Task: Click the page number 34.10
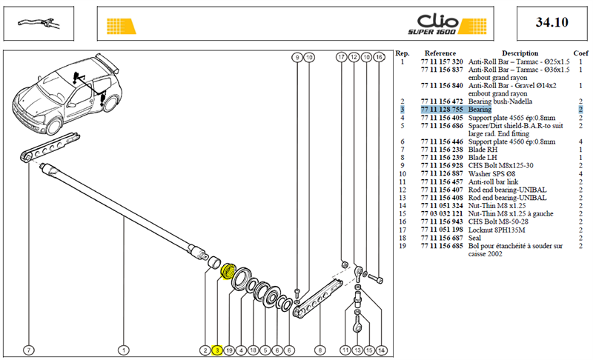(551, 22)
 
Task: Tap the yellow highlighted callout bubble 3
(217, 350)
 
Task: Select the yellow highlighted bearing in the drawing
(228, 271)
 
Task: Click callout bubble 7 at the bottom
(29, 350)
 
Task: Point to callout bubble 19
(229, 350)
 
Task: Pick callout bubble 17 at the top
(342, 57)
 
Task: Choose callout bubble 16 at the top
(379, 57)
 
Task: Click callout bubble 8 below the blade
(320, 350)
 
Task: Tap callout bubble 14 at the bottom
(381, 350)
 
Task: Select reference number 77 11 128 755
(442, 110)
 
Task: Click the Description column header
(520, 53)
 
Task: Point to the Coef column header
(580, 53)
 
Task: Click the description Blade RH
(483, 150)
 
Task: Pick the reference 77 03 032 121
(442, 214)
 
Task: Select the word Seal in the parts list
(474, 238)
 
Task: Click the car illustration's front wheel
(53, 124)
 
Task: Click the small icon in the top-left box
(39, 24)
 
